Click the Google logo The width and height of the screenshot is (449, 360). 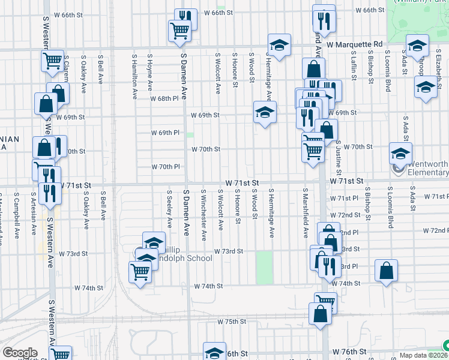pyautogui.click(x=19, y=353)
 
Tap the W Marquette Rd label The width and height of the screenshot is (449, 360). pyautogui.click(x=355, y=44)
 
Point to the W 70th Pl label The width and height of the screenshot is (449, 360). pyautogui.click(x=166, y=167)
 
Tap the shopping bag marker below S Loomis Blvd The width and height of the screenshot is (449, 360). pyautogui.click(x=386, y=271)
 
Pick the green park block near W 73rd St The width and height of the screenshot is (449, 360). pyautogui.click(x=264, y=268)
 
